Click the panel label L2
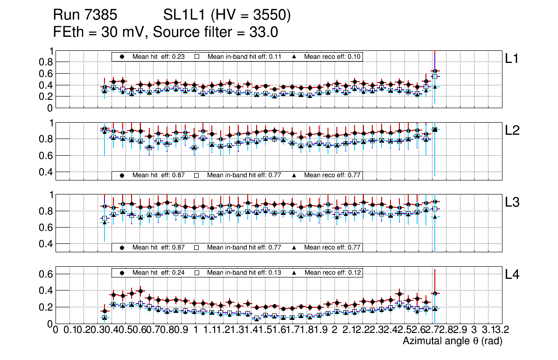pyautogui.click(x=513, y=131)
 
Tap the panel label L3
pyautogui.click(x=513, y=202)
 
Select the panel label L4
pyautogui.click(x=513, y=275)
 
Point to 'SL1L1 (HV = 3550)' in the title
pyautogui.click(x=227, y=16)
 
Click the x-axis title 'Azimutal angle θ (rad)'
pyautogui.click(x=452, y=341)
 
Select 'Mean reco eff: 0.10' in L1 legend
pyautogui.click(x=333, y=56)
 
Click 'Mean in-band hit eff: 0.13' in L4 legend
pyautogui.click(x=244, y=272)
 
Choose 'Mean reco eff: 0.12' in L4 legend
pyautogui.click(x=333, y=272)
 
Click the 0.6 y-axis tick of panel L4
pyautogui.click(x=46, y=274)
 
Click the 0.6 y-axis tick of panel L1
pyautogui.click(x=46, y=74)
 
